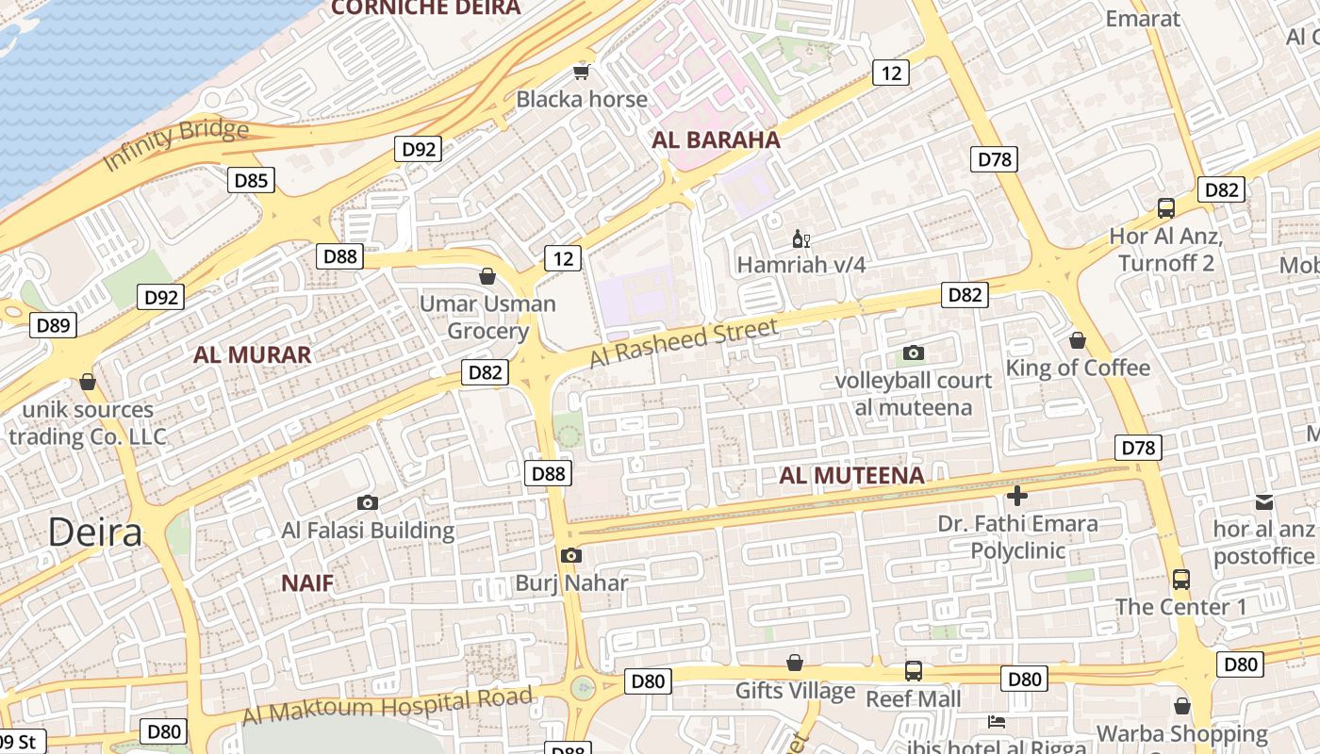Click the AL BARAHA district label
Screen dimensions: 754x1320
717,140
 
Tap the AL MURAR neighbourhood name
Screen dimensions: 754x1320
252,355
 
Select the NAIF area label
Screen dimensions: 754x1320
307,583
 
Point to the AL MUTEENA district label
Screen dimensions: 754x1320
851,476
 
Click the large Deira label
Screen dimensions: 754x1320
95,533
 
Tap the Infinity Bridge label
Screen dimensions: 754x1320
175,144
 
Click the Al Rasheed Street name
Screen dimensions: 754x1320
684,343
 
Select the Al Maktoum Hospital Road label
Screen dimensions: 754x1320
388,706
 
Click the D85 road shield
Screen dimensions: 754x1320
251,179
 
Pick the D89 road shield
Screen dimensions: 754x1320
53,326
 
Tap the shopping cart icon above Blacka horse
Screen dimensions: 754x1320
582,72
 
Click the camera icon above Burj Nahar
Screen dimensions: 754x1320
570,556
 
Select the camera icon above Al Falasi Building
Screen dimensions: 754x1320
368,503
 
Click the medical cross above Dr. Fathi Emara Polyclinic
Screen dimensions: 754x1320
1016,495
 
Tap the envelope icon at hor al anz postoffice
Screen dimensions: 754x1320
1263,502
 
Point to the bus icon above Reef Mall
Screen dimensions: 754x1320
913,671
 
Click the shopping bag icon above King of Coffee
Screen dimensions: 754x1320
1078,340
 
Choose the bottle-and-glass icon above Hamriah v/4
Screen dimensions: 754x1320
800,238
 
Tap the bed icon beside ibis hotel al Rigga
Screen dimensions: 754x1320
997,722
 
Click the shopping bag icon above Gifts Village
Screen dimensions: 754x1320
795,663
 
